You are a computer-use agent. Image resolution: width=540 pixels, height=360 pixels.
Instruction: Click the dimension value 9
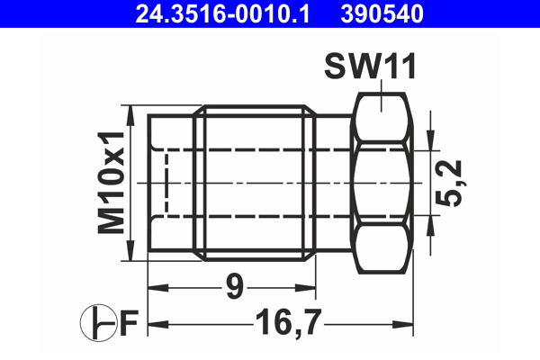pos(233,289)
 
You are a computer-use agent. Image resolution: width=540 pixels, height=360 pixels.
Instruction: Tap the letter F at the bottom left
pos(128,322)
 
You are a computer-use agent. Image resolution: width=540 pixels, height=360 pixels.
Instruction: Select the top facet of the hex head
pos(383,116)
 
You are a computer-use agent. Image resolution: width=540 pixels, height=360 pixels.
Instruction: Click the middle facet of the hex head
pos(383,183)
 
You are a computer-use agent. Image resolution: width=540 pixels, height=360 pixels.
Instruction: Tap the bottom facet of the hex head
pos(383,249)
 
